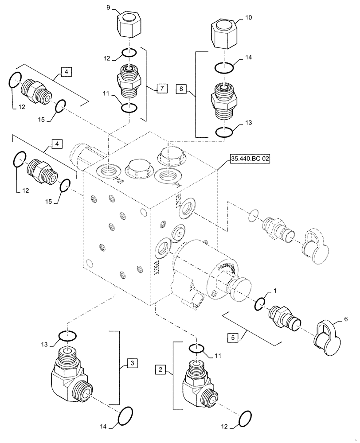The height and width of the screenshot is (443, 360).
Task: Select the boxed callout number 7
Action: (x=162, y=89)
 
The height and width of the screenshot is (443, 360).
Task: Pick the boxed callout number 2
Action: (x=160, y=369)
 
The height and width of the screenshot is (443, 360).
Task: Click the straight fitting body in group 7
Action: (x=129, y=81)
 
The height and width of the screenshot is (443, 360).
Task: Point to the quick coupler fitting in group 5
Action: (x=284, y=316)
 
